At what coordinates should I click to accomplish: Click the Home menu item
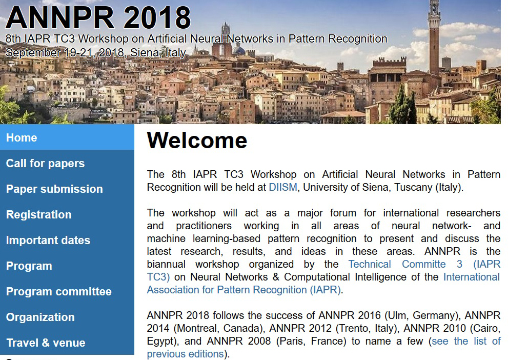pyautogui.click(x=22, y=137)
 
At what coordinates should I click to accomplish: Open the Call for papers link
pyautogui.click(x=46, y=164)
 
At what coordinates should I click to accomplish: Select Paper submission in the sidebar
pyautogui.click(x=54, y=189)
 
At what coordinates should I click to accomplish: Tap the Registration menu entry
pyautogui.click(x=39, y=214)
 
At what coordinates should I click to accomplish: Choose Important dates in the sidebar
pyautogui.click(x=48, y=241)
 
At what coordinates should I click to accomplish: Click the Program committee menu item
pyautogui.click(x=59, y=291)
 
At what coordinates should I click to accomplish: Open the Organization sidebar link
pyautogui.click(x=40, y=317)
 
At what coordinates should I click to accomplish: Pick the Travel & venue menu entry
pyautogui.click(x=46, y=343)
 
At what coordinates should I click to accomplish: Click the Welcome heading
pyautogui.click(x=197, y=140)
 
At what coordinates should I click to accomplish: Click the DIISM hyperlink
pyautogui.click(x=283, y=187)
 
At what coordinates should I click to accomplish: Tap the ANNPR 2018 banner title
pyautogui.click(x=98, y=17)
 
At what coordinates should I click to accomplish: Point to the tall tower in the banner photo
pyautogui.click(x=434, y=37)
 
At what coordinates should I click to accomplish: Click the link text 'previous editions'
pyautogui.click(x=185, y=354)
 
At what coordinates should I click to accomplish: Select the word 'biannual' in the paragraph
pyautogui.click(x=166, y=264)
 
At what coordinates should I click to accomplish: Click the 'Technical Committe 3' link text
pyautogui.click(x=405, y=264)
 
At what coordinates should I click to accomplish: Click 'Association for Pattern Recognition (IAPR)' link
pyautogui.click(x=244, y=290)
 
